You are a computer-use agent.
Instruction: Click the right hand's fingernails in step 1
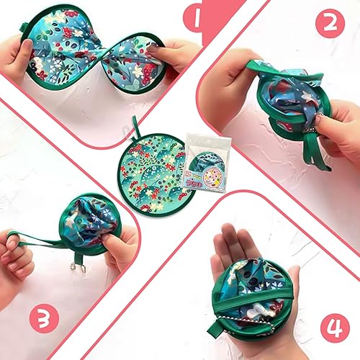155,52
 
